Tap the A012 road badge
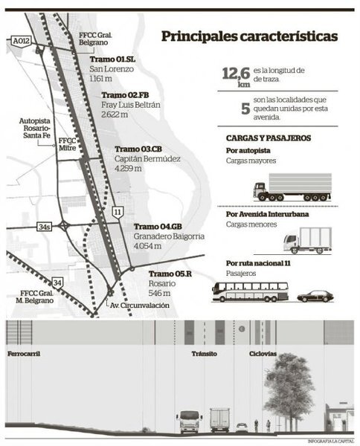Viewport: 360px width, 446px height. point(22,45)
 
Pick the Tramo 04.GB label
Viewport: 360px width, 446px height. point(158,227)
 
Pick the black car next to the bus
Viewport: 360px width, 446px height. point(315,295)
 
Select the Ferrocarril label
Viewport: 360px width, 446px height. point(22,354)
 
